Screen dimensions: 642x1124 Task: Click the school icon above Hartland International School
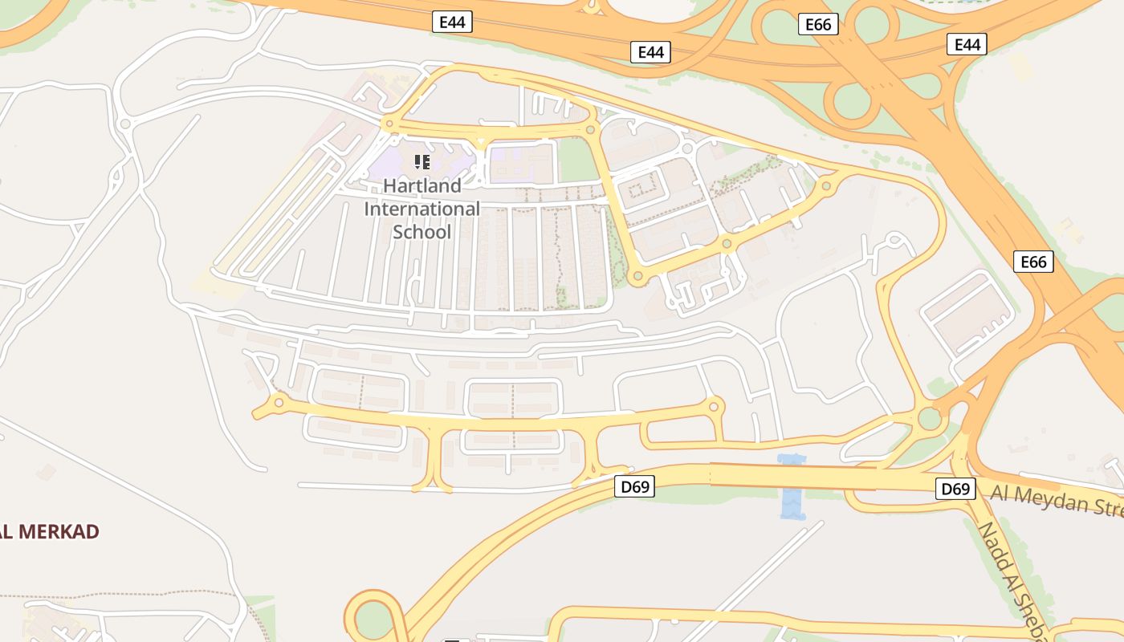click(422, 162)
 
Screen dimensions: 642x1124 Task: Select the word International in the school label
click(422, 209)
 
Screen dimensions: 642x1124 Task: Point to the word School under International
click(422, 232)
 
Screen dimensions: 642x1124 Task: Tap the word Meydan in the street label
click(1045, 499)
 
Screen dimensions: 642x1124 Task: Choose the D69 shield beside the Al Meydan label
click(955, 489)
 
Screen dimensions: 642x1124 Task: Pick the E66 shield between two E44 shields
click(818, 25)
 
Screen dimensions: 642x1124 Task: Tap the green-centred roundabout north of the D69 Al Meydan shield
click(929, 418)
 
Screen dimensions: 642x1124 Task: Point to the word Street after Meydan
click(1104, 506)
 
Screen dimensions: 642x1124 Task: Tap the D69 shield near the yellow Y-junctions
click(634, 486)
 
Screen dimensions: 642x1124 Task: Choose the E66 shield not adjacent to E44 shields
click(1032, 262)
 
